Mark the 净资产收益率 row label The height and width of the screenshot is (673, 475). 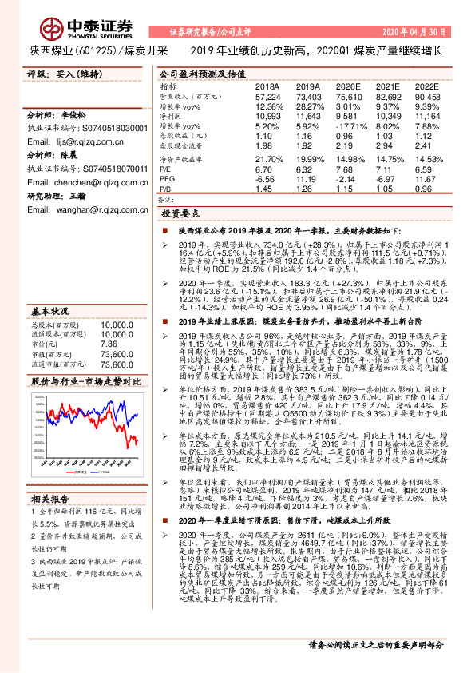tap(181, 159)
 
